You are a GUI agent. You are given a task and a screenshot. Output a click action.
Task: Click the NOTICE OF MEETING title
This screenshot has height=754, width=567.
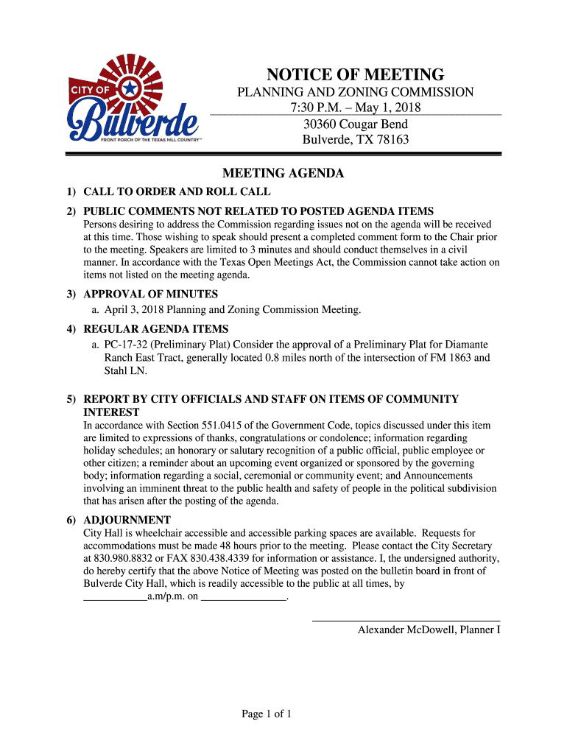[355, 74]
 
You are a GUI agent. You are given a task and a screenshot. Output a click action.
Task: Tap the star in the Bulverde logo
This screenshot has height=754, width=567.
[130, 89]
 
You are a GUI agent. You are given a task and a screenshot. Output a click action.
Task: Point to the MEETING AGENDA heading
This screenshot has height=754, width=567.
[283, 174]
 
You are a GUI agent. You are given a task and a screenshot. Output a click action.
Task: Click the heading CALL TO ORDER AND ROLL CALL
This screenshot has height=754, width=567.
[177, 192]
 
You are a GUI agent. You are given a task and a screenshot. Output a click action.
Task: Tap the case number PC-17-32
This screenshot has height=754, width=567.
[126, 345]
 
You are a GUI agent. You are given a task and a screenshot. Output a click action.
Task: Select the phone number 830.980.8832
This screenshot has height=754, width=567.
[119, 558]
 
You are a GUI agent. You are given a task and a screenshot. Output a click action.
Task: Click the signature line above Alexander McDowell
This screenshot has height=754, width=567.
[406, 621]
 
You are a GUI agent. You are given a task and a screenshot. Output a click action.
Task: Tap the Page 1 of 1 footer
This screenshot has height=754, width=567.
[267, 713]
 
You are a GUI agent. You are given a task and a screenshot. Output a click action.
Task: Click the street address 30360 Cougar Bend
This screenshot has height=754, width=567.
[356, 124]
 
